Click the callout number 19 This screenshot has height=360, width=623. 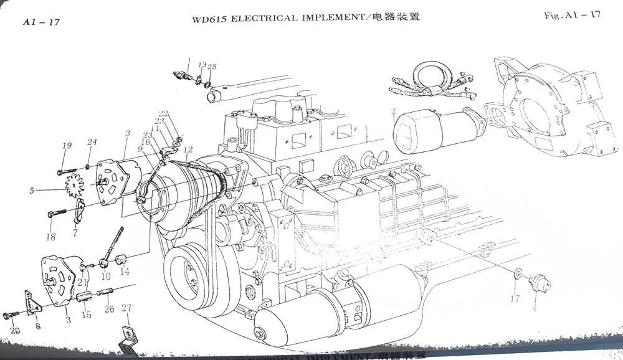click(x=67, y=146)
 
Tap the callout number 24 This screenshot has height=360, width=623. click(x=92, y=143)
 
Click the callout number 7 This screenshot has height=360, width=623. click(x=75, y=233)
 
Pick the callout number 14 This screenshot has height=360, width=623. click(x=125, y=272)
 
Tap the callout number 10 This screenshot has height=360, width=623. click(x=105, y=276)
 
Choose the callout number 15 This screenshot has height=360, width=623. click(x=87, y=315)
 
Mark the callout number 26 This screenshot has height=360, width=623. click(x=109, y=310)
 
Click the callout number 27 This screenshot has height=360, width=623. click(x=126, y=308)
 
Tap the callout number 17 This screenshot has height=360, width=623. click(x=515, y=299)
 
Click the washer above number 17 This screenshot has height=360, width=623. click(x=517, y=273)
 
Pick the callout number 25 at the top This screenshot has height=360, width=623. click(x=212, y=67)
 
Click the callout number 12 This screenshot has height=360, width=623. click(x=188, y=149)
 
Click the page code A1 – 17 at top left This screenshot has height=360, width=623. click(x=40, y=23)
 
